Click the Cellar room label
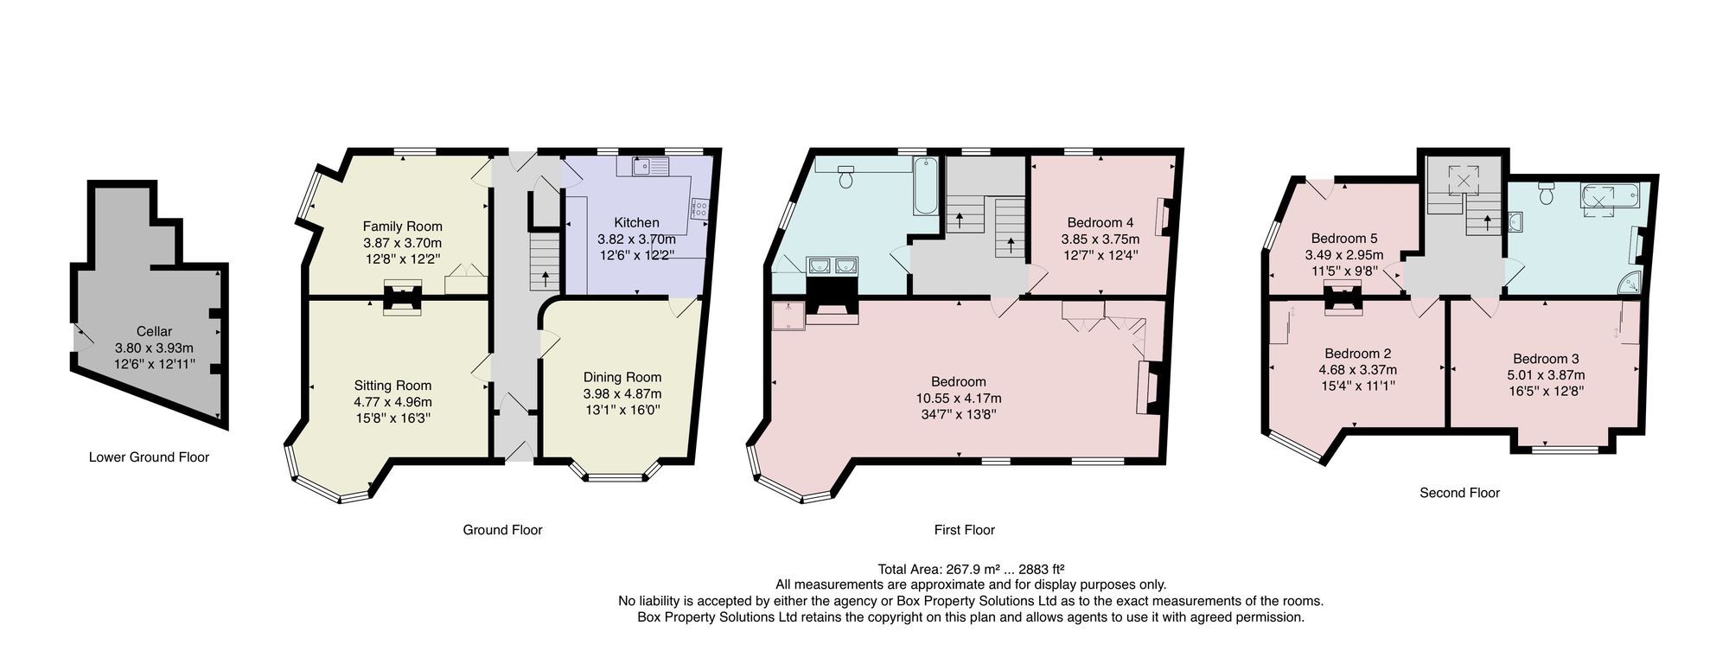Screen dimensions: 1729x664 point(154,331)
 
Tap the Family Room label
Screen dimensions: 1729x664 point(402,227)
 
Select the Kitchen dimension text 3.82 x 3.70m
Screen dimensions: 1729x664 point(636,239)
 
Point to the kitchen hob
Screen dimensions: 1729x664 point(700,208)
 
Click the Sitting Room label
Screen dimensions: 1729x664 point(392,386)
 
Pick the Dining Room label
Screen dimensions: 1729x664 point(622,377)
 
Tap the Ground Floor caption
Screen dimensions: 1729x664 point(502,530)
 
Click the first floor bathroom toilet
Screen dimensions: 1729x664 point(847,176)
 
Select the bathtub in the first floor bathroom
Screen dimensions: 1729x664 point(926,186)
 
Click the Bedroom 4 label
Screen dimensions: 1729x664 point(1100,222)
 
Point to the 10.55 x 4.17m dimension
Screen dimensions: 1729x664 point(959,399)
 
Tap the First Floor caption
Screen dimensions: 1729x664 point(964,530)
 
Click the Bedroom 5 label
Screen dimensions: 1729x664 point(1343,239)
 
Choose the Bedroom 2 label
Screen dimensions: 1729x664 point(1357,354)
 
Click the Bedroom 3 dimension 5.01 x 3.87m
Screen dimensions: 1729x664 point(1546,375)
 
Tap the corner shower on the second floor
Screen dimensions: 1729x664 point(1628,283)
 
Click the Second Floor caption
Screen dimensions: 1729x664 point(1459,493)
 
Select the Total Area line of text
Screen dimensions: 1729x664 point(970,569)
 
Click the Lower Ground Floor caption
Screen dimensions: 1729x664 point(149,457)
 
